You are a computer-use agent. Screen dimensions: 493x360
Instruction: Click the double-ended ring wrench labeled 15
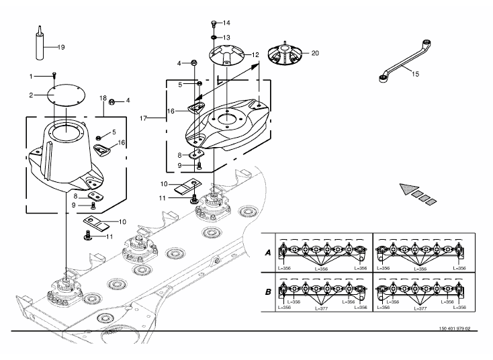(x=405, y=61)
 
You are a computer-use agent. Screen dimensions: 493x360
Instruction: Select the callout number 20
(x=315, y=53)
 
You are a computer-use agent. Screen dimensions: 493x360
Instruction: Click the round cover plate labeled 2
(x=66, y=94)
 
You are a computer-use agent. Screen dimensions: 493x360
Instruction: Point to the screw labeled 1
(x=54, y=75)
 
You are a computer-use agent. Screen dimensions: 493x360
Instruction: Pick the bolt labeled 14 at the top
(x=214, y=23)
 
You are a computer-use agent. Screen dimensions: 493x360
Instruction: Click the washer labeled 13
(x=214, y=38)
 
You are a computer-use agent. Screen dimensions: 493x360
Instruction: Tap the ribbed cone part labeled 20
(x=285, y=54)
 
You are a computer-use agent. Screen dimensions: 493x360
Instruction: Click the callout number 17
(x=143, y=118)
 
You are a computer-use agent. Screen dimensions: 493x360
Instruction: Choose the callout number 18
(x=103, y=98)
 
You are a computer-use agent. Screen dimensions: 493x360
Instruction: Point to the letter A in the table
(x=268, y=253)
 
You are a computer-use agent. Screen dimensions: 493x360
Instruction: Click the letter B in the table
(x=268, y=291)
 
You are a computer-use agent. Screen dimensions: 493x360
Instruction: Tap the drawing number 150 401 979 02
(x=455, y=328)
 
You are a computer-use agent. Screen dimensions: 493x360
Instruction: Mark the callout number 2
(x=31, y=95)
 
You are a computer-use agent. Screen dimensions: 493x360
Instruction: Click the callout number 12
(x=255, y=54)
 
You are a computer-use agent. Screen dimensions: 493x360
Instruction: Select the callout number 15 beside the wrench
(x=415, y=74)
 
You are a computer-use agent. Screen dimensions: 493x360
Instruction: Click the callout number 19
(x=61, y=47)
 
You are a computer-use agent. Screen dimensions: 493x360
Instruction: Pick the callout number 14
(x=226, y=23)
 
